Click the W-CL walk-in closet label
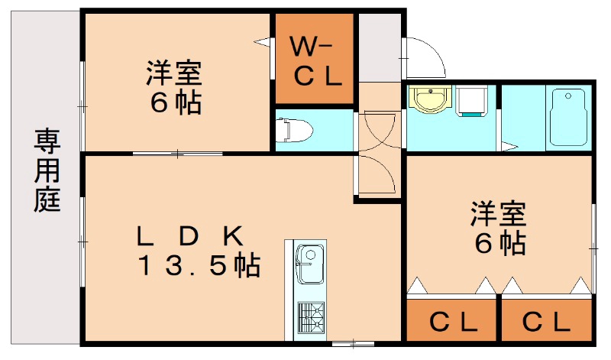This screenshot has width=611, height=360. point(314,61)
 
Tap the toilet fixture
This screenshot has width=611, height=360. point(296,131)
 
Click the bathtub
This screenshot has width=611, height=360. point(567,118)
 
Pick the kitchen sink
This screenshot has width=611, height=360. point(309,264)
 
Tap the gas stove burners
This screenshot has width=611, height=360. point(310,316)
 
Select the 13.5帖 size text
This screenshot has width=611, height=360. point(199,266)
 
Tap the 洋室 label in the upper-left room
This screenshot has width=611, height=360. point(174,75)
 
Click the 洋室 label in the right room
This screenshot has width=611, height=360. point(497,213)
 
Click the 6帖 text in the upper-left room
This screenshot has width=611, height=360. point(175,104)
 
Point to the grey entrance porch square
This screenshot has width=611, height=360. point(380,46)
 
